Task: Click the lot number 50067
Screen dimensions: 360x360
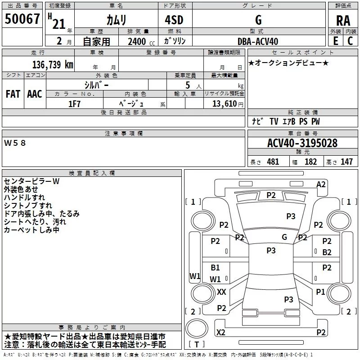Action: [x=22, y=20]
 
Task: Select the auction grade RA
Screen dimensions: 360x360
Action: [x=343, y=21]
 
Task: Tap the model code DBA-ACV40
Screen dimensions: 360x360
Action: [x=258, y=41]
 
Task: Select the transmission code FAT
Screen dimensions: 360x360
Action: [x=13, y=94]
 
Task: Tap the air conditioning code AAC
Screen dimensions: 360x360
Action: [x=35, y=94]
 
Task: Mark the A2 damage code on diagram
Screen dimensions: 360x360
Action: [x=321, y=184]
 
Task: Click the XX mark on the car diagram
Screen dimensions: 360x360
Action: [x=221, y=292]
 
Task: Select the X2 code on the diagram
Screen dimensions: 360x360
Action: [x=221, y=332]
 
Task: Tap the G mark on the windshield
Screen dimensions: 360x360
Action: [x=284, y=237]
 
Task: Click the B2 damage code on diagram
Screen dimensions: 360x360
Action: [x=327, y=252]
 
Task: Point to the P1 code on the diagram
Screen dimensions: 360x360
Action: [x=320, y=292]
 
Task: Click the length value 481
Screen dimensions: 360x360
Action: [x=273, y=162]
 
